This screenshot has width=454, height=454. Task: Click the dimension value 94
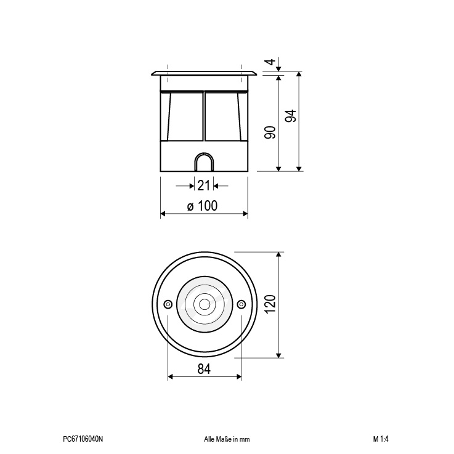291,116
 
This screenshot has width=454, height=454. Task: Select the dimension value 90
270,132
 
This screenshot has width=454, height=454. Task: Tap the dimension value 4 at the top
270,62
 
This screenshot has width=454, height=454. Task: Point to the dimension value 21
203,185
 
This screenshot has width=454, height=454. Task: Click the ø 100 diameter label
202,206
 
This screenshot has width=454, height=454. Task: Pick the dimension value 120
270,304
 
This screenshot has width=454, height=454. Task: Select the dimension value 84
204,369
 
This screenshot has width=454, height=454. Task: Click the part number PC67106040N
83,439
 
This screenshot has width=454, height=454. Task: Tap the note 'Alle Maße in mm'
227,439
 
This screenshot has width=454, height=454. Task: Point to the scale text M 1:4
381,439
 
